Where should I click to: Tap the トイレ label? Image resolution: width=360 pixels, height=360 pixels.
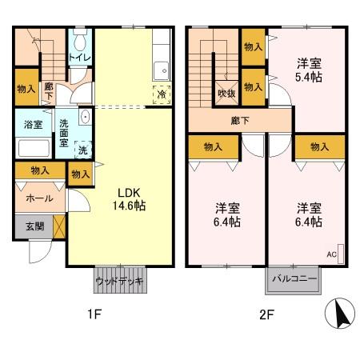point(78,57)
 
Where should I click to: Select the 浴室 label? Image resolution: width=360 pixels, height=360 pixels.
point(33,125)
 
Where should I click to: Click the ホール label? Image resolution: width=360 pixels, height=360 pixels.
point(39,198)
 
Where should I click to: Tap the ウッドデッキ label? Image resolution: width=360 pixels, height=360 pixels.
point(119,282)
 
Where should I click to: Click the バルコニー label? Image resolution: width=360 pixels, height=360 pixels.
point(293,279)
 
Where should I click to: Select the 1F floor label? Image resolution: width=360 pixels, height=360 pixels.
point(94,314)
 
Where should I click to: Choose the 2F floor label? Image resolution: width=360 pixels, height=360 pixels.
point(266,314)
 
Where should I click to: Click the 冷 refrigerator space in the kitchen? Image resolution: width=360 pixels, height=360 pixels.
point(161,94)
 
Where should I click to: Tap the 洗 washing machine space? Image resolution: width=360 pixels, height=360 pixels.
point(82,148)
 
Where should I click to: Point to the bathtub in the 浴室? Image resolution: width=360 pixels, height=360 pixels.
point(34,148)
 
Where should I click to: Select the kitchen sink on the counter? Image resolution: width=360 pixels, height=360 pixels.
point(161,68)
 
